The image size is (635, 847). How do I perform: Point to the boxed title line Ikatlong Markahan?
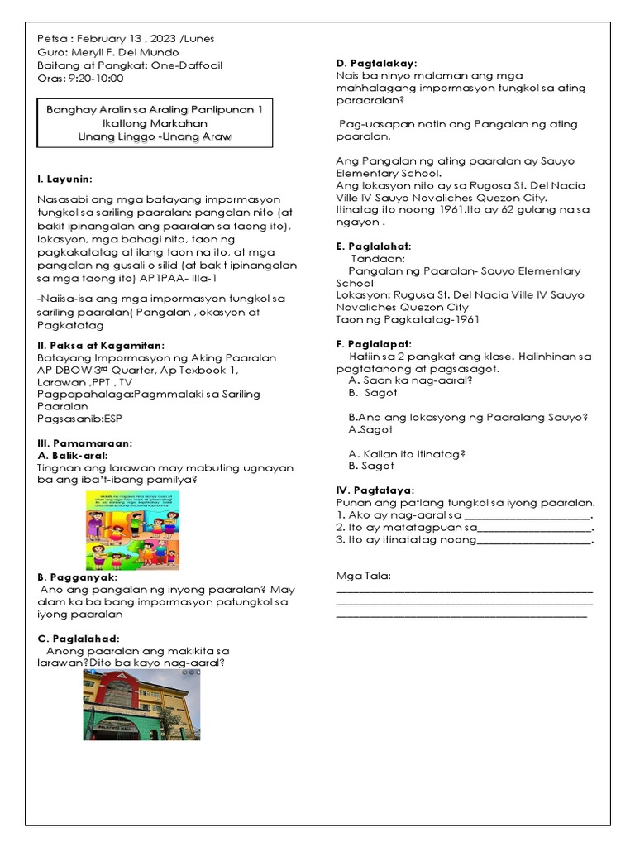point(155,122)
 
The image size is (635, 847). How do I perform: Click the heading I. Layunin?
point(65,179)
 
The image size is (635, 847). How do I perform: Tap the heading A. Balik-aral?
point(73,455)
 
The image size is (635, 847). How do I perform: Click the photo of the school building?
point(141,705)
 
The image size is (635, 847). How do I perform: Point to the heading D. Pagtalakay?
point(376,63)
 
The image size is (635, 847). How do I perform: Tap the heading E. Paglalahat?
point(374,246)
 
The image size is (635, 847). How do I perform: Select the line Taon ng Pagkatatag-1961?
point(408,319)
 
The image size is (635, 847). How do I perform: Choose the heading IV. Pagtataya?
point(375,490)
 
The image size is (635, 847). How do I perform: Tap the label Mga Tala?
point(363,576)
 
